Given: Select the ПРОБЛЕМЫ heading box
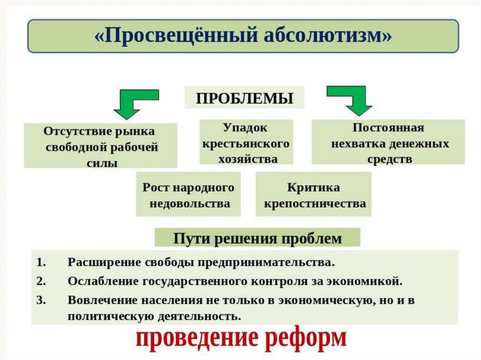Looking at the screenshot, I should pyautogui.click(x=244, y=98).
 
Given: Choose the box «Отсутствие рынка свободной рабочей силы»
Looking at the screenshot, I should pyautogui.click(x=101, y=146).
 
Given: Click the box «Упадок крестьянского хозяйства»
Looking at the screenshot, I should pyautogui.click(x=246, y=142).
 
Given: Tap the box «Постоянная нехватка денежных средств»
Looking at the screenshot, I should pyautogui.click(x=388, y=142).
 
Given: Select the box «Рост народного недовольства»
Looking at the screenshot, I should pyautogui.click(x=188, y=195).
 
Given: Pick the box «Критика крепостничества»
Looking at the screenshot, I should pyautogui.click(x=314, y=195).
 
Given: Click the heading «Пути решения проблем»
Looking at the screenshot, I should pyautogui.click(x=257, y=238).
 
